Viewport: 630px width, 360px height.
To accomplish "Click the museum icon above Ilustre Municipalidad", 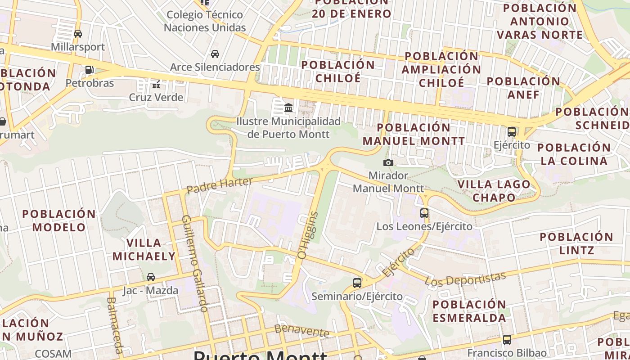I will click(x=288, y=108).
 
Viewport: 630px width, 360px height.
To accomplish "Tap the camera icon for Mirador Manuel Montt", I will click(x=388, y=162).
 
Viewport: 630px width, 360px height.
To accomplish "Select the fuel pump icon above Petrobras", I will click(x=90, y=70).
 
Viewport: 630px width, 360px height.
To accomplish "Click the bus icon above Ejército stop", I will click(x=512, y=132).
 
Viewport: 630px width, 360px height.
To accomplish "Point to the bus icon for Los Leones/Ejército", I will click(x=424, y=213).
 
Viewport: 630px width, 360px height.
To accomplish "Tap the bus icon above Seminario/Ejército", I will click(x=357, y=283).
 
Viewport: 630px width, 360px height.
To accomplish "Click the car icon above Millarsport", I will click(x=78, y=33).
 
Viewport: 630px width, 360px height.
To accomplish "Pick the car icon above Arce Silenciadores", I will click(x=215, y=54).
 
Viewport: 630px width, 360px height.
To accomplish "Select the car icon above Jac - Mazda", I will click(x=151, y=277).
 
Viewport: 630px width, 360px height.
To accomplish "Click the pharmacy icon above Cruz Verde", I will click(x=156, y=84).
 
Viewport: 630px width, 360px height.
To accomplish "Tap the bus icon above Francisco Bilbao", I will click(x=507, y=340).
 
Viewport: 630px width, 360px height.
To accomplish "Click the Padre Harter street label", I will click(x=220, y=185).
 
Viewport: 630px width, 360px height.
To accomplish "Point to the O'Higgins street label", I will click(x=308, y=235).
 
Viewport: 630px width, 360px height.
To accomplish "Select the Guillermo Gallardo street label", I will click(x=195, y=263).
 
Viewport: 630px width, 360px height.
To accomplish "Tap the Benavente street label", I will click(x=301, y=331).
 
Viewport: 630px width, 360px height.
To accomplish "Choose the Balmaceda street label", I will click(x=115, y=325).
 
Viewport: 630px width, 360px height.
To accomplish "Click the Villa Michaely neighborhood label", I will click(x=144, y=250).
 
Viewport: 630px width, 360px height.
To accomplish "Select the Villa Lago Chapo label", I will click(x=494, y=191).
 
